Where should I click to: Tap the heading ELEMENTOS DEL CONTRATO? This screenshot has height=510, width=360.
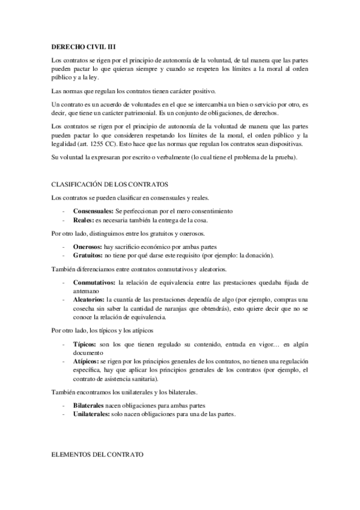tap(97, 455)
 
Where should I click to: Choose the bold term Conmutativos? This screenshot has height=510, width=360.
tap(95, 282)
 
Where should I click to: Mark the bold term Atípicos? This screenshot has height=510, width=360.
tap(87, 361)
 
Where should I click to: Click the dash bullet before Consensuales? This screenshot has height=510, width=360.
tap(64, 211)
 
